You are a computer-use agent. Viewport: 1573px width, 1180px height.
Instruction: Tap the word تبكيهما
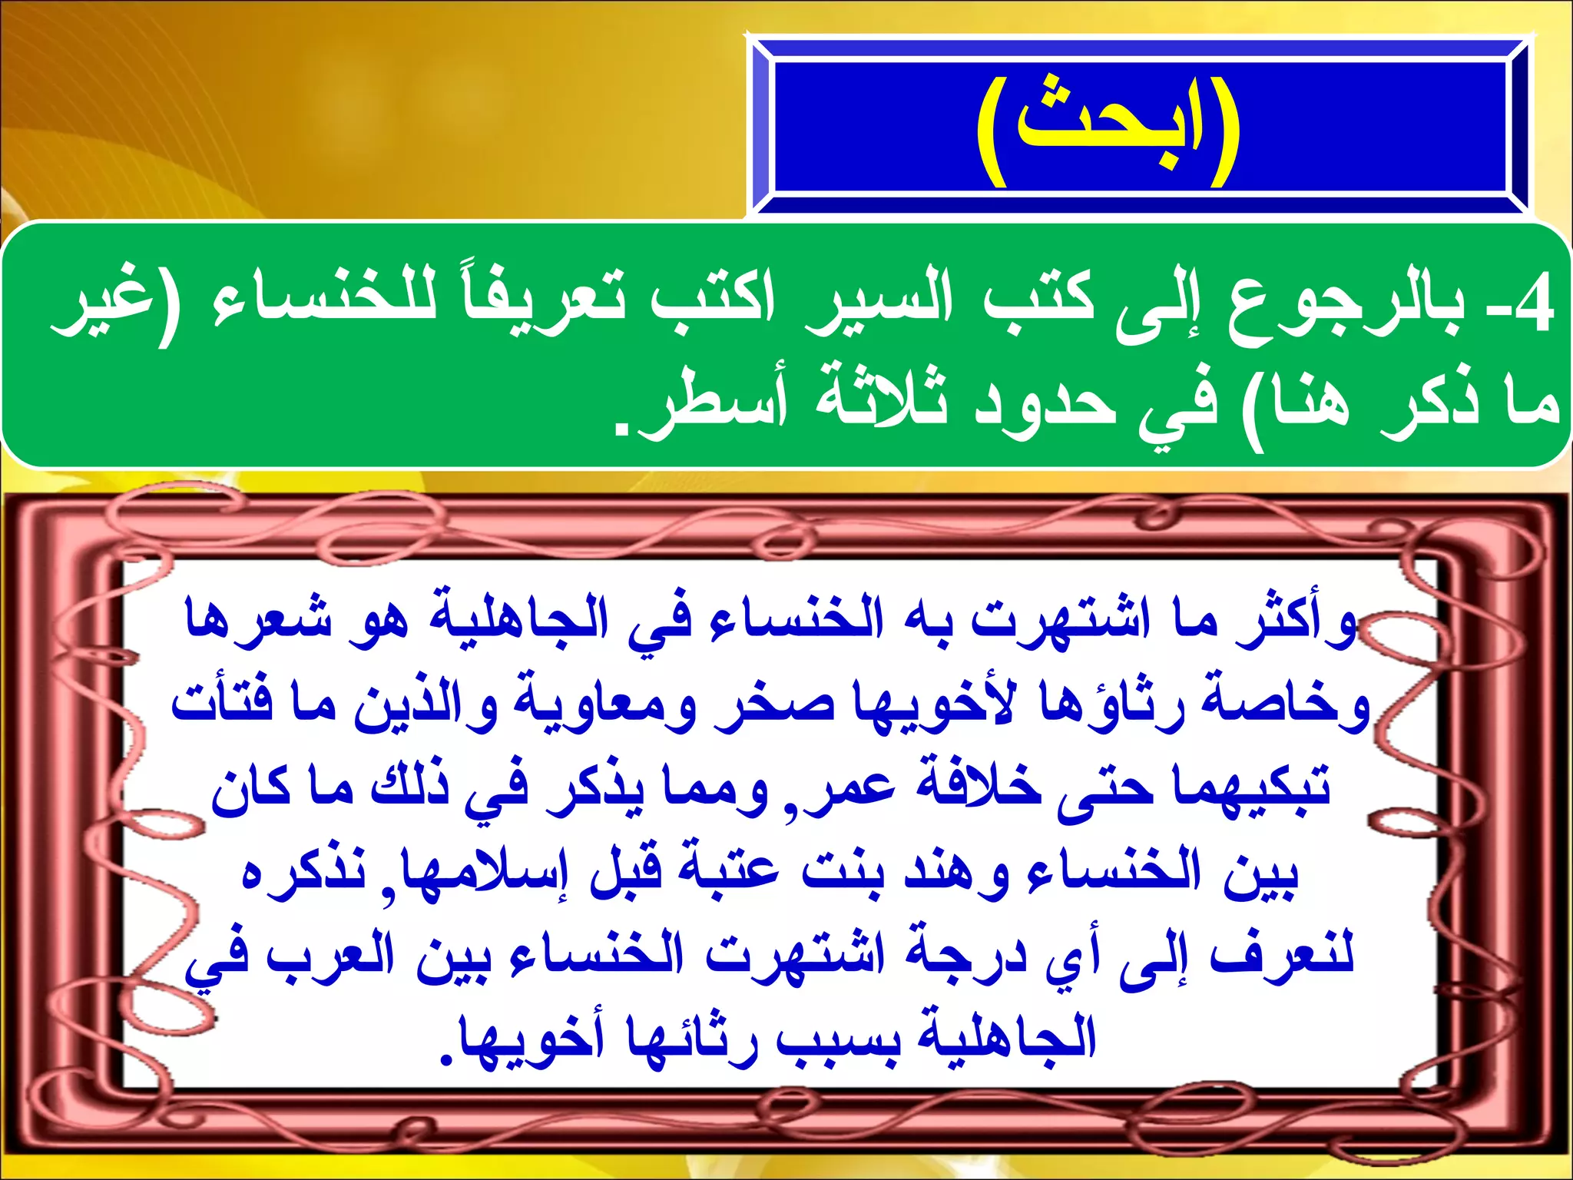click(1252, 791)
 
